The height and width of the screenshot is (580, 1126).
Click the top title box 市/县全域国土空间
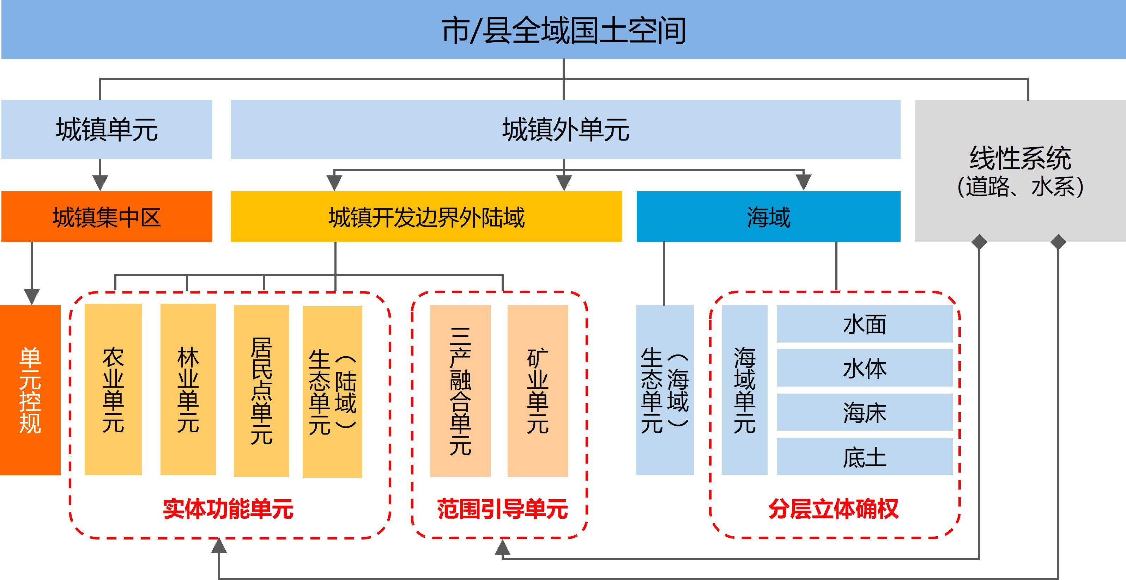point(563,30)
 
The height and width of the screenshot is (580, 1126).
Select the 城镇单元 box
point(107,129)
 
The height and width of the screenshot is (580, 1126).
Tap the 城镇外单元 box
point(565,129)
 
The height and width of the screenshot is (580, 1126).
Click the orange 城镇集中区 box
point(107,217)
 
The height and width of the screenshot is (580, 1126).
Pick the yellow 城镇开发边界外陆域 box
point(426,217)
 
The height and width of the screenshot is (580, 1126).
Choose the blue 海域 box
point(768,217)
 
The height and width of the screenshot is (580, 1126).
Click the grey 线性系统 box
point(1020,170)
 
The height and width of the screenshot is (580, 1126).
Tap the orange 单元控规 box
point(30,390)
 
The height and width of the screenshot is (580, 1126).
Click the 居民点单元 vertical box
point(261,390)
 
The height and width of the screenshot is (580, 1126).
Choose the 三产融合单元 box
point(460,390)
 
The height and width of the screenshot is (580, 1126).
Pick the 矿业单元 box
point(538,390)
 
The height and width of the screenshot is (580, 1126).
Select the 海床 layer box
point(864,412)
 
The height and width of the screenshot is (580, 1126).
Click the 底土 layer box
point(864,457)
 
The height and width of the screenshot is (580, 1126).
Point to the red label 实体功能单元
point(228,509)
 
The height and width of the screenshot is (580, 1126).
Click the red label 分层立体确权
point(833,509)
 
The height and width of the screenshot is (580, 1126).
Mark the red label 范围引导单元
point(502,509)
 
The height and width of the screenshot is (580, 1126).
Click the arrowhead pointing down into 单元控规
point(31,296)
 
